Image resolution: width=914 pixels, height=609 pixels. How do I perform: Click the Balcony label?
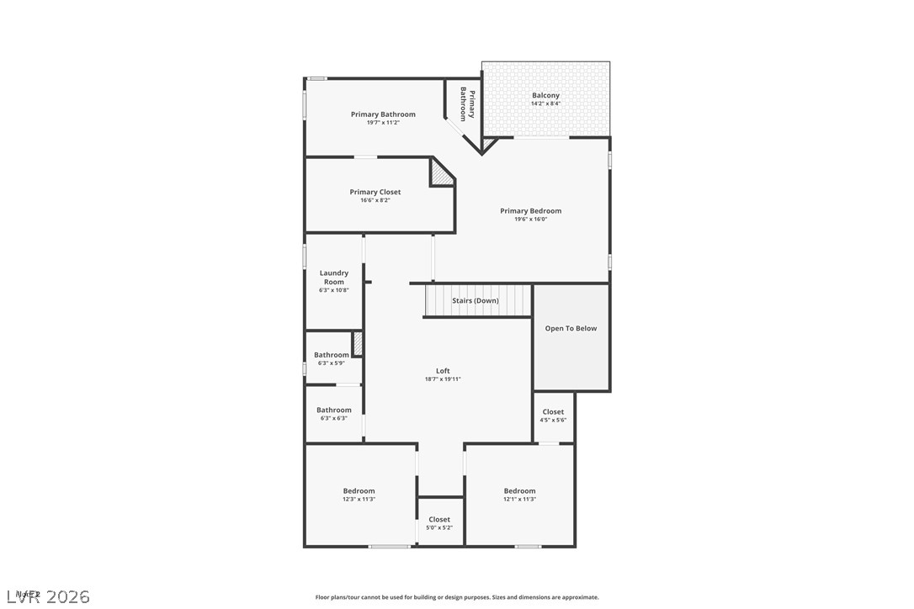[x=545, y=96]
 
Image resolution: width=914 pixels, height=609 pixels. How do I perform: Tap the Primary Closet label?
[x=375, y=193]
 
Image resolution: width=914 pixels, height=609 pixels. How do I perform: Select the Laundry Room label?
[x=334, y=277]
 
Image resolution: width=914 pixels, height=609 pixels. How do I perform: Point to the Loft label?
[x=443, y=371]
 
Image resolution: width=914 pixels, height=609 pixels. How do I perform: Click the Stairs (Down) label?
[x=476, y=301]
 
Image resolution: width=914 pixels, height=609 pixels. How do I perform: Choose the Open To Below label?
[x=571, y=329]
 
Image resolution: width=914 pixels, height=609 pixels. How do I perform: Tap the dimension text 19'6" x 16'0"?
[x=530, y=220]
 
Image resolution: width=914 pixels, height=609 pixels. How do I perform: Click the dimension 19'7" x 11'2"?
[x=383, y=123]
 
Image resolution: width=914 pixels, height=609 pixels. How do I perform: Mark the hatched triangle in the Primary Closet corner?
[x=439, y=175]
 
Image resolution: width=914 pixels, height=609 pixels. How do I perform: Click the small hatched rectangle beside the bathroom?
[x=357, y=344]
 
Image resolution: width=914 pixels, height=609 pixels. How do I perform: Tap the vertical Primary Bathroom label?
[x=467, y=105]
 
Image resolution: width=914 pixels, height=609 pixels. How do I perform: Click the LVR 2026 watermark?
[x=47, y=596]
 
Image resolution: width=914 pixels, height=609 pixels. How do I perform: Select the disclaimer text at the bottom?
[x=457, y=597]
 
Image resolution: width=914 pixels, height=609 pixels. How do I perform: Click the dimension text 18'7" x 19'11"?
[x=443, y=379]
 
